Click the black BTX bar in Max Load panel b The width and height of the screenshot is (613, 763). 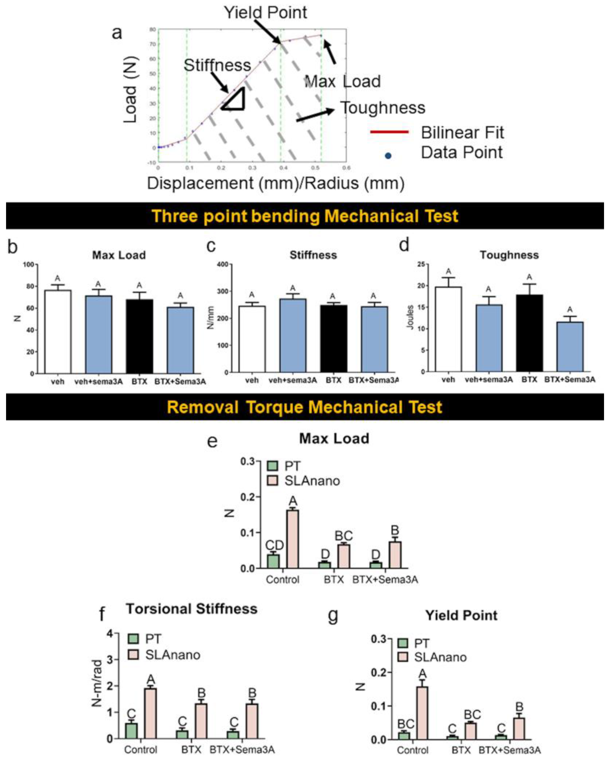point(139,336)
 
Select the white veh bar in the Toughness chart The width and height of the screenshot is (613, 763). point(448,329)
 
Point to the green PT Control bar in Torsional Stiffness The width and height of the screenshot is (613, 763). point(131,731)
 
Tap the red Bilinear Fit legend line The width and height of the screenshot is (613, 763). point(389,132)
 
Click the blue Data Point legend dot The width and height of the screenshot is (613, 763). point(388,156)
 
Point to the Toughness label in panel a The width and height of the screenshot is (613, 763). point(383,108)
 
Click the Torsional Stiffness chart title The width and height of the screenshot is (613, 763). point(192,609)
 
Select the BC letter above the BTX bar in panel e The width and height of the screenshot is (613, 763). point(343,535)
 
